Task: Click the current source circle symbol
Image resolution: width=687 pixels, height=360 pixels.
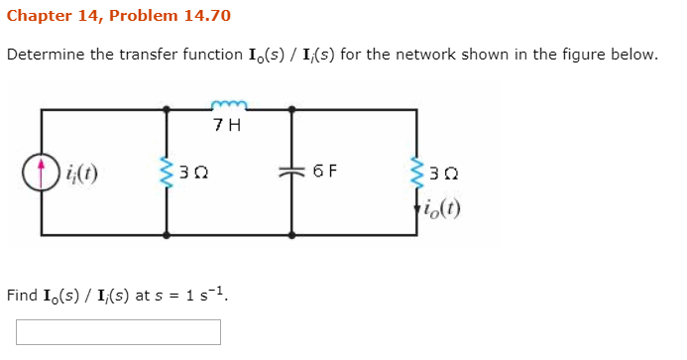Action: pos(42,173)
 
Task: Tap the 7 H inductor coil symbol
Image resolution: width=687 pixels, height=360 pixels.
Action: pos(228,104)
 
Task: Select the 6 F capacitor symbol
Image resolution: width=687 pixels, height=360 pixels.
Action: pos(291,172)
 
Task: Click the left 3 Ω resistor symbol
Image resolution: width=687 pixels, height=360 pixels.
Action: pos(166,172)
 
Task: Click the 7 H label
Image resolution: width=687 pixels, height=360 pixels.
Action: pos(227,126)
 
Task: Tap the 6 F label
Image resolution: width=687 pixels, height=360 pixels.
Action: pos(324,171)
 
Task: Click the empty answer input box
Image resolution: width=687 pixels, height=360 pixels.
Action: pos(118,331)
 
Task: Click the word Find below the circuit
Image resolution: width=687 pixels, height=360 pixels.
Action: pos(22,295)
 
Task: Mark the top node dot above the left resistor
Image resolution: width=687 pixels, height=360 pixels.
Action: pos(166,109)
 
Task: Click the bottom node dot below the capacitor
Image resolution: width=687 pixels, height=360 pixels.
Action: pos(291,235)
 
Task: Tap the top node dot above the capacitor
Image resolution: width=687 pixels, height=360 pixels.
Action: pos(291,109)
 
